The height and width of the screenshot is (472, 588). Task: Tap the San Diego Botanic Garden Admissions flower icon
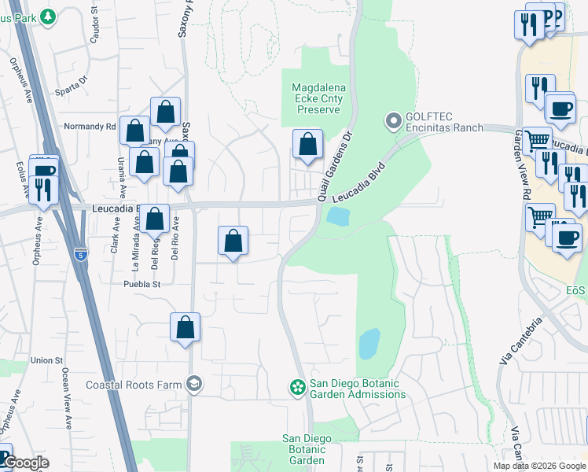tap(297, 387)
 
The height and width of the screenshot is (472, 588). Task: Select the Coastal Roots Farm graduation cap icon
tap(193, 384)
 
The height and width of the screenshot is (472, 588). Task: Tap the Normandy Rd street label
tap(90, 126)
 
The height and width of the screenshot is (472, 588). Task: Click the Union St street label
tap(46, 360)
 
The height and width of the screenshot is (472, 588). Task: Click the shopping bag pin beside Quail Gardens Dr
tap(307, 145)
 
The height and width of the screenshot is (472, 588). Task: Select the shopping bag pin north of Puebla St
tap(233, 242)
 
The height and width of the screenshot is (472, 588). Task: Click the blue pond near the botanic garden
tap(368, 344)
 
